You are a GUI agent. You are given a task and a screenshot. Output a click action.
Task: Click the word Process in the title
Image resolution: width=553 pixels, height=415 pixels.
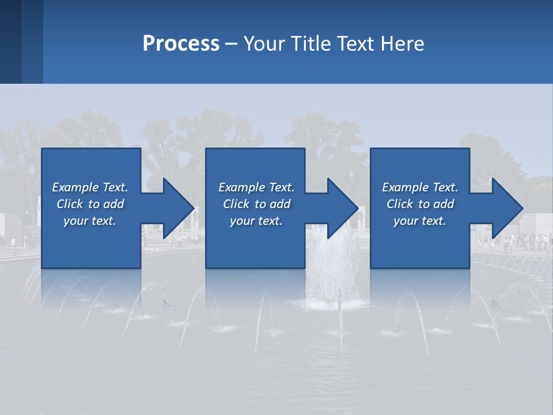181,44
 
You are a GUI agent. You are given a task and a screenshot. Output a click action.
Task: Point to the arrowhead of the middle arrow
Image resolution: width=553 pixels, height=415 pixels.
342,208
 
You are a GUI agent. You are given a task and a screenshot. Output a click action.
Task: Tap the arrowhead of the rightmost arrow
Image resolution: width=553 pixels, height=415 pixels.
506,208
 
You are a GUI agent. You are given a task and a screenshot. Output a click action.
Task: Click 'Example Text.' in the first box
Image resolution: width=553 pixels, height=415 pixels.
90,187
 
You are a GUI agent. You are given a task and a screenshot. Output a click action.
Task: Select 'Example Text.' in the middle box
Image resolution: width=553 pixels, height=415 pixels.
256,187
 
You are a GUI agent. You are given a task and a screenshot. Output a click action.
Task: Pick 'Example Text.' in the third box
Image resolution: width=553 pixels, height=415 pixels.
420,187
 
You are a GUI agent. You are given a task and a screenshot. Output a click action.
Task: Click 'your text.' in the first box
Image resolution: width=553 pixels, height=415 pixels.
90,221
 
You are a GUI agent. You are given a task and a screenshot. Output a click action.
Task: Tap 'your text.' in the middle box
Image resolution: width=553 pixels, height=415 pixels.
256,221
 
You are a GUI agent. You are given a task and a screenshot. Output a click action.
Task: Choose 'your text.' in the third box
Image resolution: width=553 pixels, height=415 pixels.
420,221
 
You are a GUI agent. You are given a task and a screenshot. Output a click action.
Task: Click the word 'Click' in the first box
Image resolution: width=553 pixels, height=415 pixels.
70,204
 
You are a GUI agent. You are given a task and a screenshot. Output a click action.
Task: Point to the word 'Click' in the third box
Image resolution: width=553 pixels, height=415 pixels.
400,204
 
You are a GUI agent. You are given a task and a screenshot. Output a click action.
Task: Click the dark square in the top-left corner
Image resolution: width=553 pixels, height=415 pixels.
10,41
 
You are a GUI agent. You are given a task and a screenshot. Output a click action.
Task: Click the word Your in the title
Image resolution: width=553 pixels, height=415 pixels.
263,44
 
